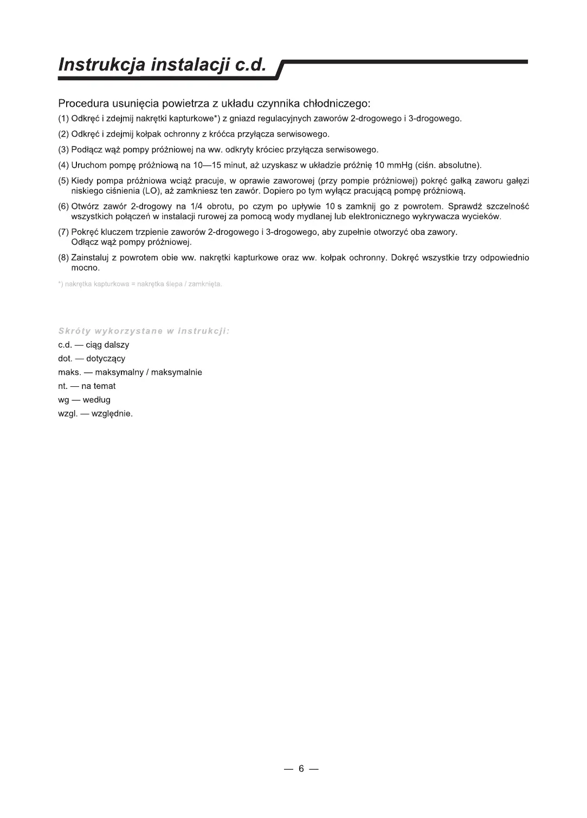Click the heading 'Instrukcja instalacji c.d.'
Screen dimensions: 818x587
(163, 65)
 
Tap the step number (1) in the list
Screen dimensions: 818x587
(63, 119)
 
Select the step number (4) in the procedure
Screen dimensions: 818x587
(63, 165)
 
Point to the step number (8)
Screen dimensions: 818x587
(63, 258)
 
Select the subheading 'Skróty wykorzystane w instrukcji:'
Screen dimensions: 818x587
(144, 331)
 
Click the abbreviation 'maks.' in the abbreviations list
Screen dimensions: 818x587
(69, 373)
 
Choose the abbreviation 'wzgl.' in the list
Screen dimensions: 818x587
(68, 414)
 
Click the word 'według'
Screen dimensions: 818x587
(96, 400)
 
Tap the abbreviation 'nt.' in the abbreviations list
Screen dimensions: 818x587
(62, 386)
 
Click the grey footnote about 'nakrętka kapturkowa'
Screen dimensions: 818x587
(140, 284)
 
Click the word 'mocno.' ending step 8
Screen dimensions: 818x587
(86, 268)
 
